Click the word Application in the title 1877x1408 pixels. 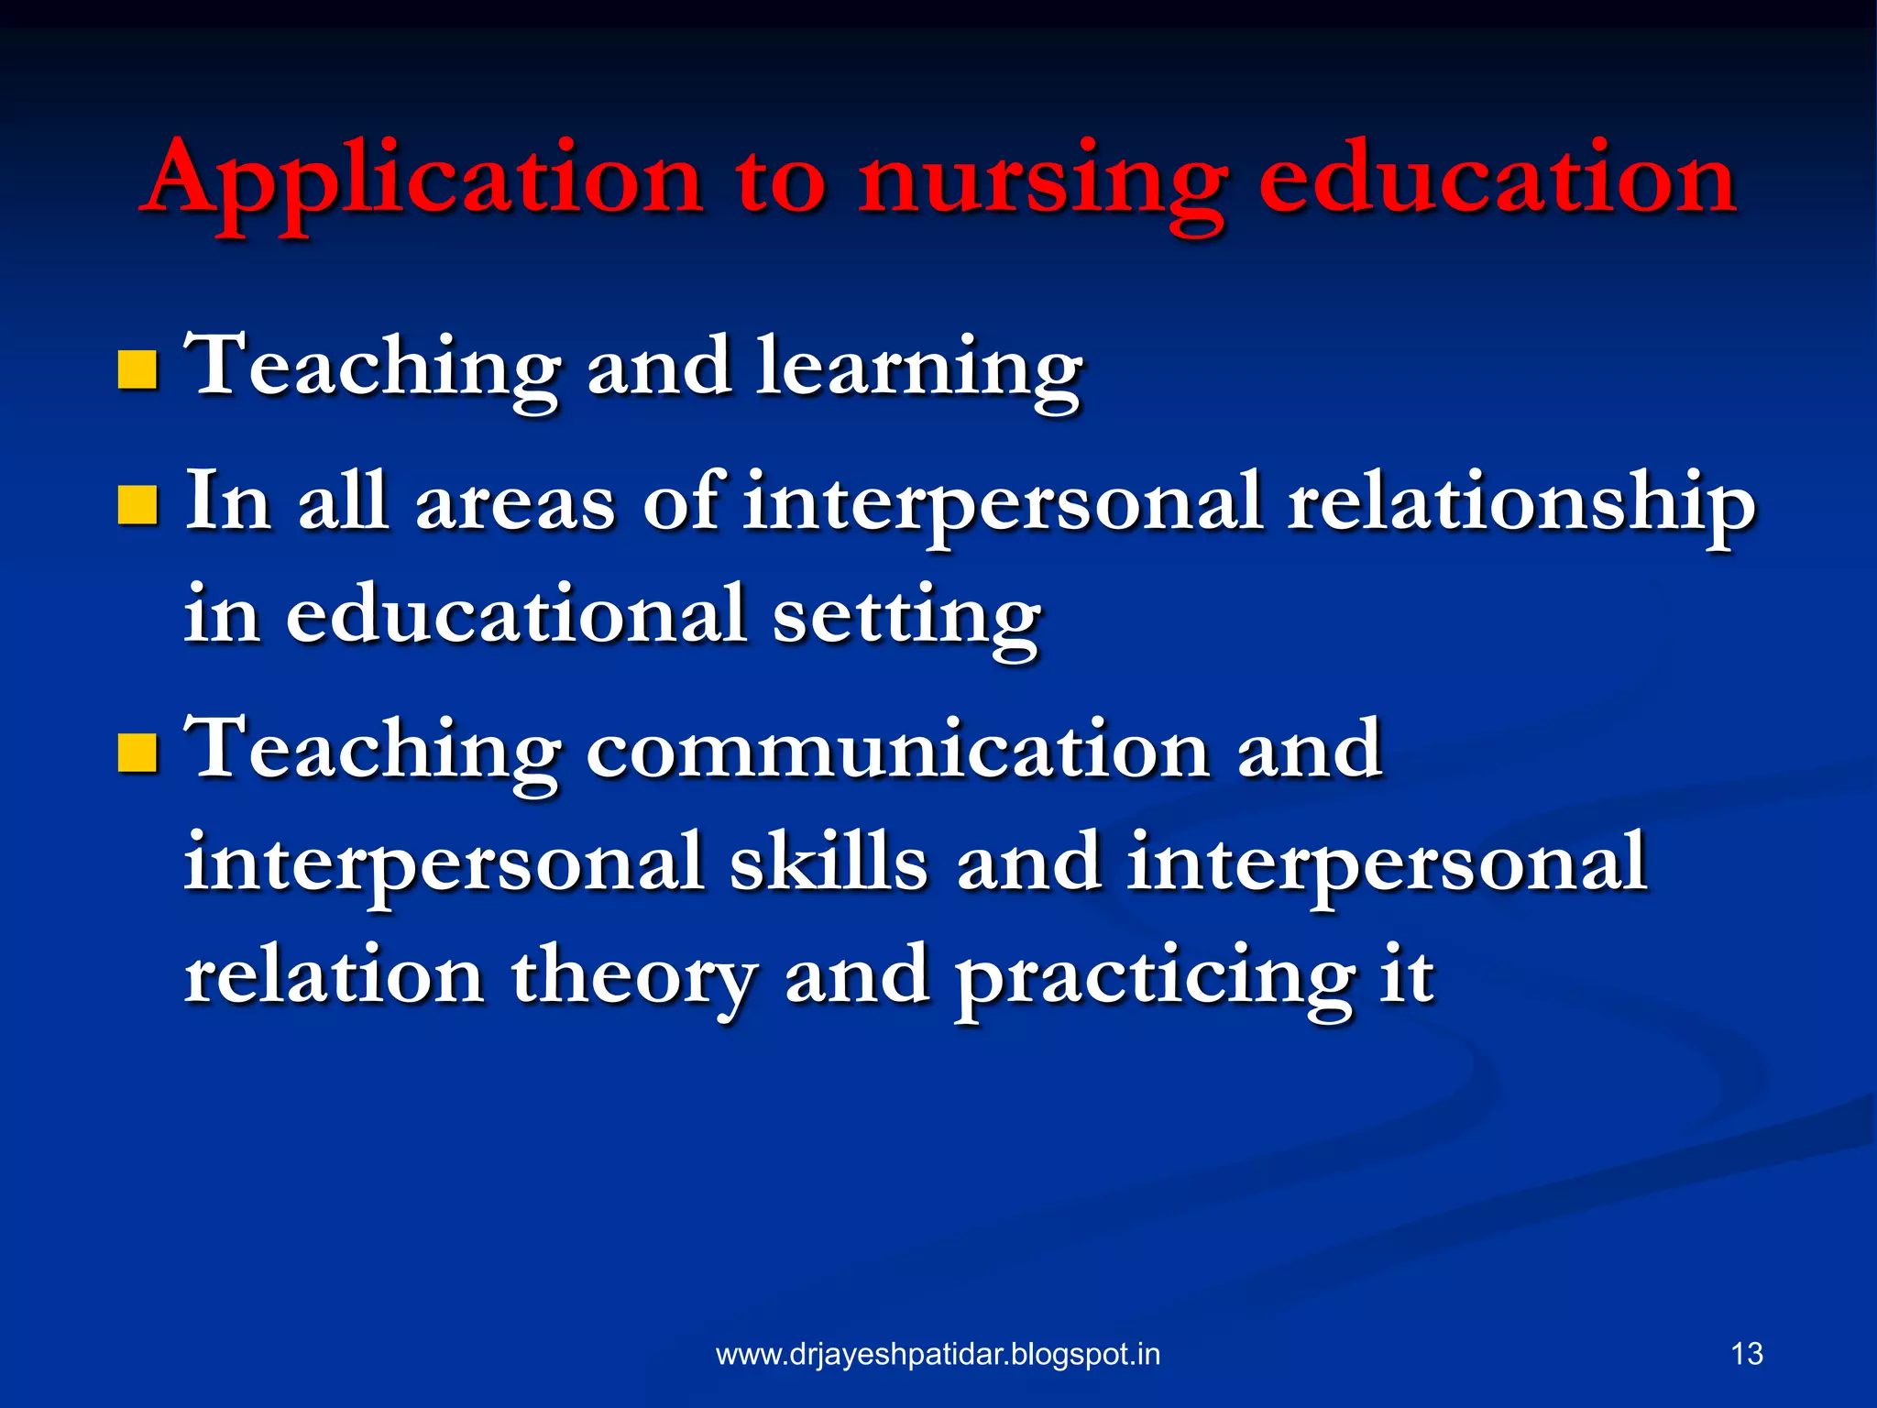(422, 179)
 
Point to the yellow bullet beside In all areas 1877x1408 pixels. (137, 505)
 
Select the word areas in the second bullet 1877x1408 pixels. (516, 503)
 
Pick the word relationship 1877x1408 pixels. (1520, 503)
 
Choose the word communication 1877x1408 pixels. (898, 750)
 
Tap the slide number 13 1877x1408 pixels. (1747, 1354)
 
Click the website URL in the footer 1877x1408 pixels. (938, 1354)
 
